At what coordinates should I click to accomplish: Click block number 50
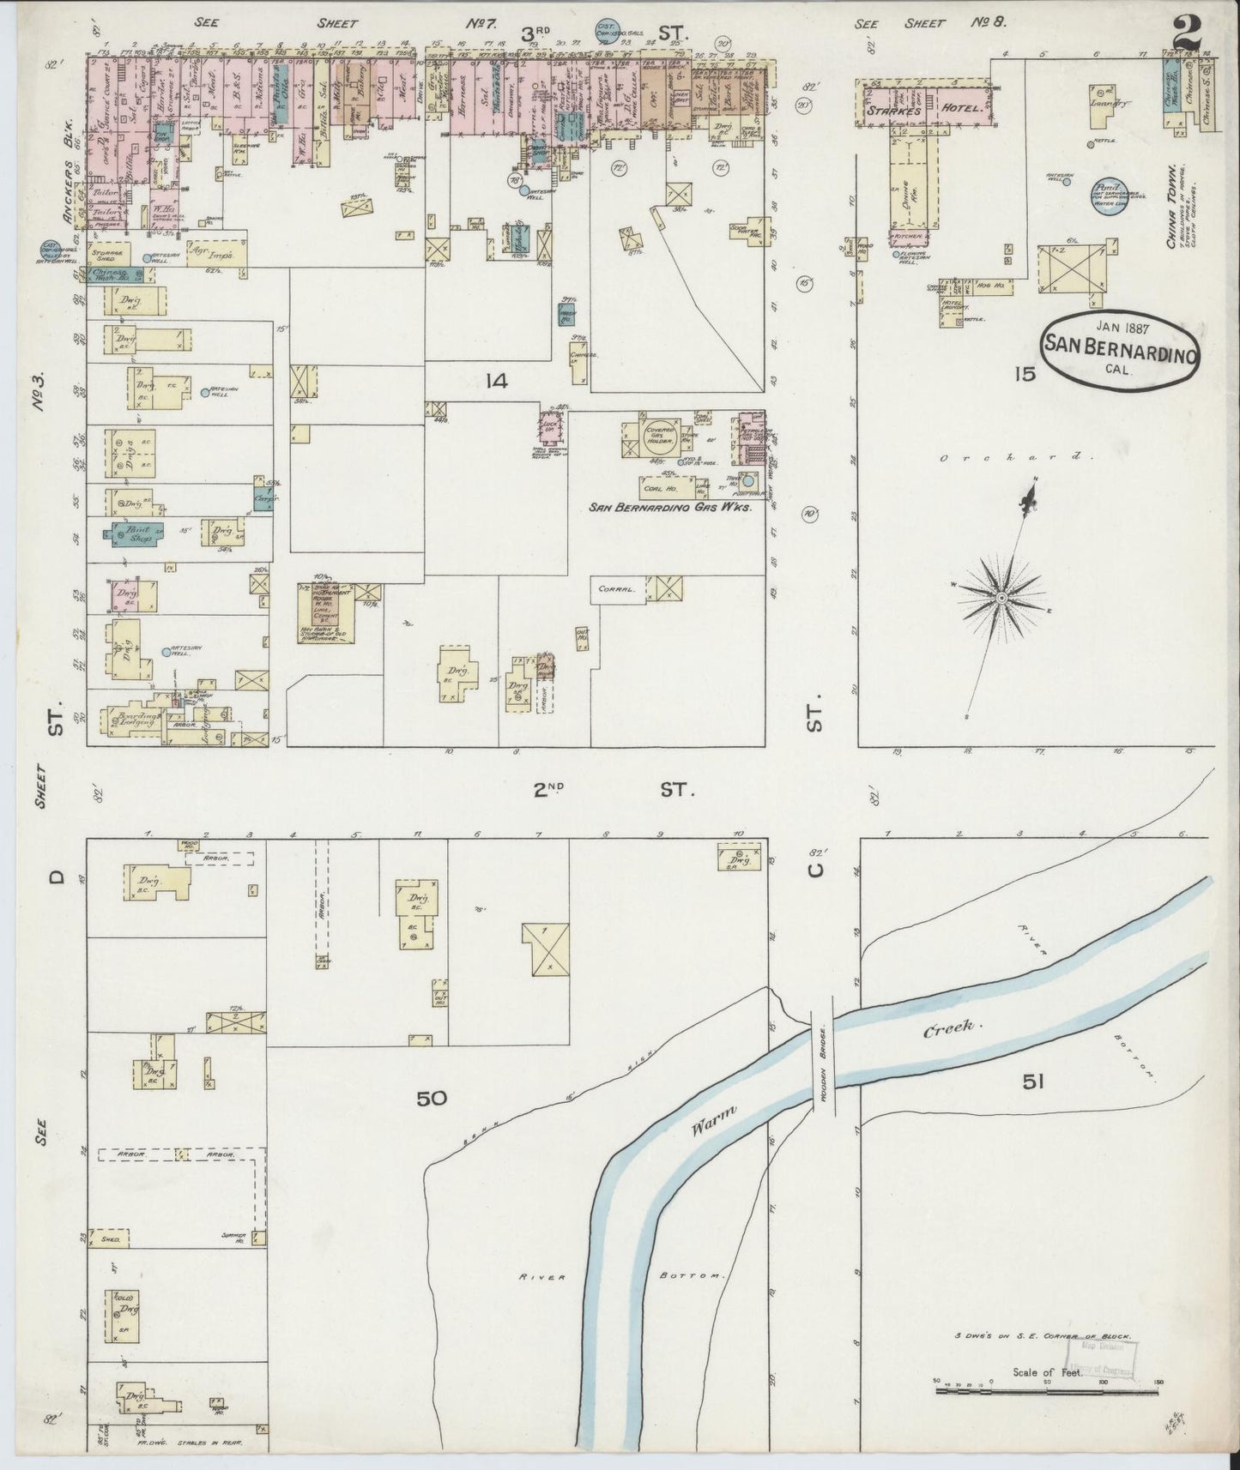pyautogui.click(x=432, y=1098)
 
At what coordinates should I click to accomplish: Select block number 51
pyautogui.click(x=1033, y=1082)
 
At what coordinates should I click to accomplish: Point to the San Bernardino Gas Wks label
pyautogui.click(x=671, y=508)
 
